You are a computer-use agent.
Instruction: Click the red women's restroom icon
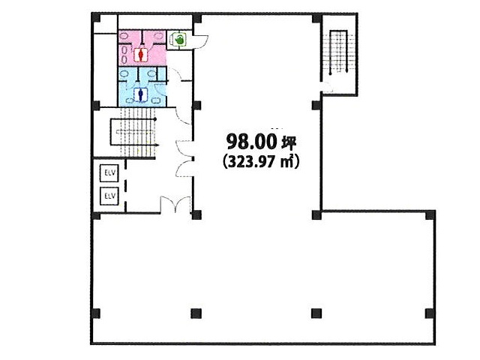(x=141, y=55)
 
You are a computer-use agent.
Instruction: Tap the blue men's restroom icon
(x=141, y=95)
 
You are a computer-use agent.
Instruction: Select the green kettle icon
(x=178, y=39)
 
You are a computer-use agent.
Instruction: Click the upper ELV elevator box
(x=109, y=173)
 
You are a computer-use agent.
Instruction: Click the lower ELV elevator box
(x=109, y=196)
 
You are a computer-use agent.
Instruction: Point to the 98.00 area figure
(x=250, y=142)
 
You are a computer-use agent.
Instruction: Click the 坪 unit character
(x=288, y=142)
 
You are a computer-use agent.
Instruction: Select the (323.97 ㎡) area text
(x=260, y=161)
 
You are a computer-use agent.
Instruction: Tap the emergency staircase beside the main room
(x=338, y=52)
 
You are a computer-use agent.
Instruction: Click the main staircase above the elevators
(x=134, y=133)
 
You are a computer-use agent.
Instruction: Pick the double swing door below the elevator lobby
(x=175, y=204)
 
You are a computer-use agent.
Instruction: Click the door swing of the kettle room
(x=200, y=41)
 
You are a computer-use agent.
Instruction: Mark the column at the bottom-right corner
(x=430, y=313)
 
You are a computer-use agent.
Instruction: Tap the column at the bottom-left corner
(x=96, y=313)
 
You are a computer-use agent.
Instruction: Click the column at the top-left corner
(x=96, y=18)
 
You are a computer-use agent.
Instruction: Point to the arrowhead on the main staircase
(x=157, y=145)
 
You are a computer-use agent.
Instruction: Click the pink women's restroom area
(x=142, y=48)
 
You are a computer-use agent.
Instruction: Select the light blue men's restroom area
(x=142, y=87)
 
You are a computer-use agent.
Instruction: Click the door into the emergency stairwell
(x=327, y=87)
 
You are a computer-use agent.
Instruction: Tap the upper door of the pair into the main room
(x=184, y=148)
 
